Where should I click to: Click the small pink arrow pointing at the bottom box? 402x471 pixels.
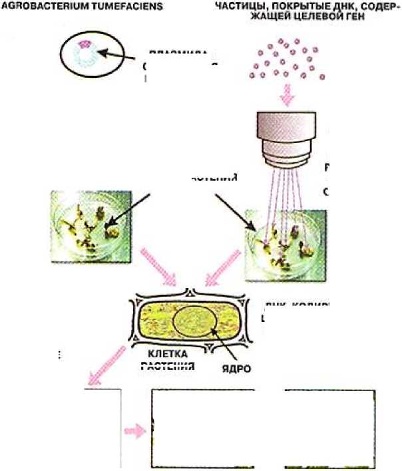click(136, 431)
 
